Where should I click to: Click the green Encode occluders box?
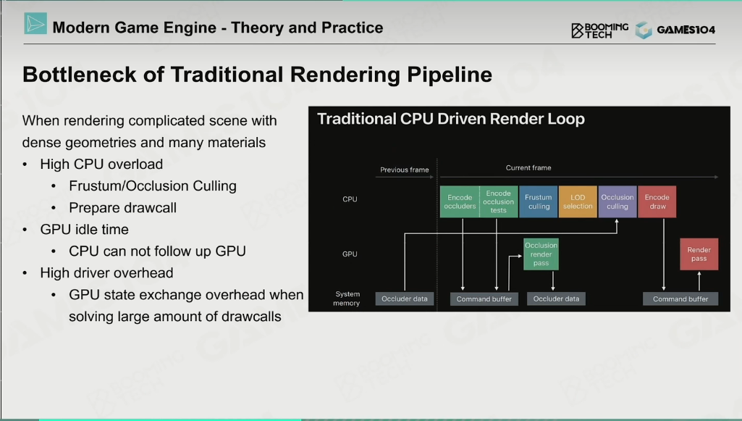point(460,201)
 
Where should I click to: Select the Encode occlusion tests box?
point(499,201)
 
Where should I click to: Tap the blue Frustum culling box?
point(539,201)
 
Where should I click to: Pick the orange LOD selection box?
point(578,201)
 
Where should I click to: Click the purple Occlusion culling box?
point(617,201)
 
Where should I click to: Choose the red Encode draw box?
point(657,201)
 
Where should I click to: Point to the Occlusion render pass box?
point(541,254)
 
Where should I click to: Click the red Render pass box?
point(699,254)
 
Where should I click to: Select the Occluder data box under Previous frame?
point(405,299)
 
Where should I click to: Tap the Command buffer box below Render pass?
point(680,299)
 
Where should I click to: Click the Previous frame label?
point(405,170)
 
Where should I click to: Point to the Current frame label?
point(528,167)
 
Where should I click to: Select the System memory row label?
point(347,299)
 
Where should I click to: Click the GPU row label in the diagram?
point(350,254)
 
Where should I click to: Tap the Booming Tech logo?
point(599,30)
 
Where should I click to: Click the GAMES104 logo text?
point(686,30)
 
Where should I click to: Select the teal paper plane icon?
point(35,24)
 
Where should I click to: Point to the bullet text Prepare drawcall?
point(122,207)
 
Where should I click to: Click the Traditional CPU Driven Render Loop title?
point(451,119)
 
